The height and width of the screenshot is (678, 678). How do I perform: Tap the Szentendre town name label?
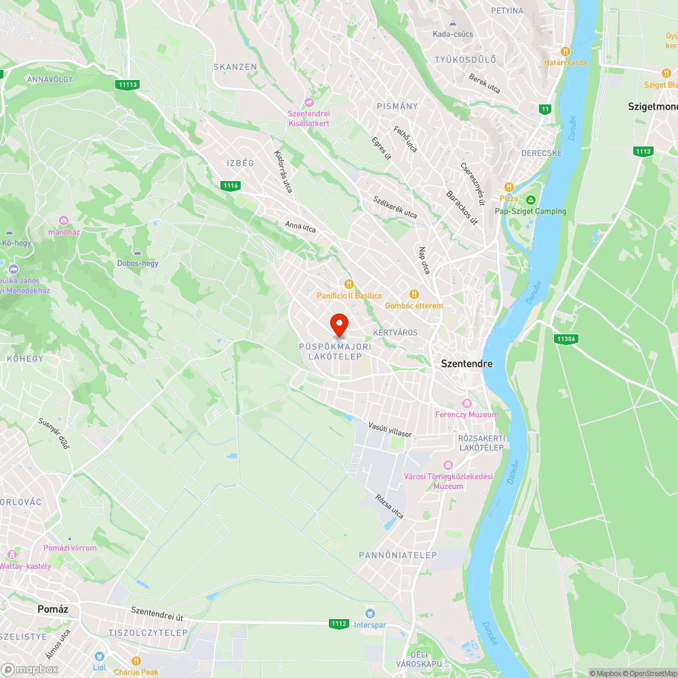(x=466, y=363)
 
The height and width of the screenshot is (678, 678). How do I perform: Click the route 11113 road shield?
(x=127, y=85)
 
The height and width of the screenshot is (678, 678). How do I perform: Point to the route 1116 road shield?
(x=231, y=186)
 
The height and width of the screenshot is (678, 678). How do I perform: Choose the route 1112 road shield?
(x=339, y=623)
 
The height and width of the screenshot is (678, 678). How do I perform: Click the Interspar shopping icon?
(x=370, y=614)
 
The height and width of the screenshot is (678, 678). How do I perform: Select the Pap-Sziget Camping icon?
(x=531, y=200)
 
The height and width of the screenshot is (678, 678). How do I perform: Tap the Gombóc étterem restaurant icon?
(x=414, y=294)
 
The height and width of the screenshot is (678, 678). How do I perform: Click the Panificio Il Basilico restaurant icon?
(x=349, y=285)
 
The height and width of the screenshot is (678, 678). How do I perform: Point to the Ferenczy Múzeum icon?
(x=466, y=403)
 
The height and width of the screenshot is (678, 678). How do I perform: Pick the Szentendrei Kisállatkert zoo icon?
(x=309, y=102)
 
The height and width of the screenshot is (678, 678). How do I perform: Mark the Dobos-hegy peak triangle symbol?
(x=138, y=252)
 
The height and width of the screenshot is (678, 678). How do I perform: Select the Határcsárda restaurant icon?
(x=565, y=51)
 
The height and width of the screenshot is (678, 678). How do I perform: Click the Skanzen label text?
(x=235, y=67)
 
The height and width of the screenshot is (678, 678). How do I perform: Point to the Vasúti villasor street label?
(x=390, y=428)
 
